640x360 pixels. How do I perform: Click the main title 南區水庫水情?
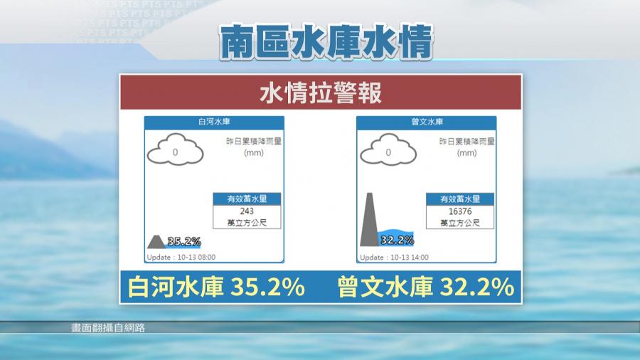pyautogui.click(x=326, y=42)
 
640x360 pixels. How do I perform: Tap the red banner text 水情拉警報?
pyautogui.click(x=321, y=92)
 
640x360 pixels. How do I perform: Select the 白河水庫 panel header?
pyautogui.click(x=214, y=122)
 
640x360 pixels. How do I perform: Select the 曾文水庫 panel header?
pyautogui.click(x=427, y=122)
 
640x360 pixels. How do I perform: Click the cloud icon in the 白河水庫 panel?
pyautogui.click(x=175, y=150)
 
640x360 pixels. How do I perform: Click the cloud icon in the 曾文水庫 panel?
pyautogui.click(x=388, y=150)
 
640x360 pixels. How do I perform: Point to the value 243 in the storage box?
pyautogui.click(x=247, y=211)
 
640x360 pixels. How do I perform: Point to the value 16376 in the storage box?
pyautogui.click(x=460, y=211)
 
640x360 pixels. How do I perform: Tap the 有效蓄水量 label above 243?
pyautogui.click(x=247, y=198)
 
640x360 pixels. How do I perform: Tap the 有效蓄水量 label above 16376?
pyautogui.click(x=460, y=198)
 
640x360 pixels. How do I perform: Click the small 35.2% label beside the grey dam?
pyautogui.click(x=184, y=242)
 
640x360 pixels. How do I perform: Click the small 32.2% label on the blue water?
pyautogui.click(x=397, y=240)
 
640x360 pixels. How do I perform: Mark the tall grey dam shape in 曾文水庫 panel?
pyautogui.click(x=369, y=220)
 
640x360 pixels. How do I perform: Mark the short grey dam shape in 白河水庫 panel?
pyautogui.click(x=156, y=242)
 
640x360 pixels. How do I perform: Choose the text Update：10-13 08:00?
pyautogui.click(x=181, y=257)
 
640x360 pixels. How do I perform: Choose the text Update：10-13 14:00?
pyautogui.click(x=394, y=258)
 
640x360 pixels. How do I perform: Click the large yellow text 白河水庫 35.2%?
pyautogui.click(x=216, y=287)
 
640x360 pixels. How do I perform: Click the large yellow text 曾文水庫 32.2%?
pyautogui.click(x=426, y=287)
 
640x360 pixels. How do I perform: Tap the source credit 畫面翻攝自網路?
pyautogui.click(x=108, y=328)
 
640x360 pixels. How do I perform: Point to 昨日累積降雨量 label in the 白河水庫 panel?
pyautogui.click(x=254, y=141)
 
